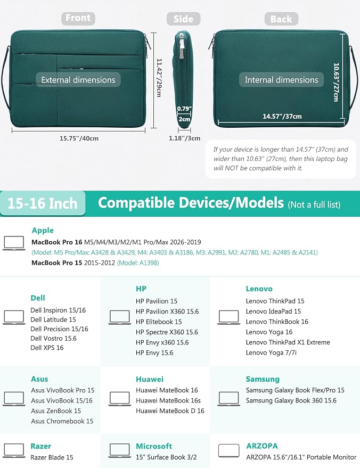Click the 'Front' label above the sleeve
point(78,18)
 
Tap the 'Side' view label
point(183,19)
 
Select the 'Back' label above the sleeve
point(281,19)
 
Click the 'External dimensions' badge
point(78,80)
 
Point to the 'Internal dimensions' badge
point(282,80)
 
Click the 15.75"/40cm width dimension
point(79,138)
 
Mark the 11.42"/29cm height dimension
point(159,78)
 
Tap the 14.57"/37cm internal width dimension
point(282,116)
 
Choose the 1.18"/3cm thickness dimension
point(184,138)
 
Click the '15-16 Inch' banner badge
point(43,203)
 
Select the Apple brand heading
point(43,230)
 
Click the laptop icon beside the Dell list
point(14,317)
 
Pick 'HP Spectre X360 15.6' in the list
point(167,332)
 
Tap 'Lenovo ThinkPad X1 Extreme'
point(288,342)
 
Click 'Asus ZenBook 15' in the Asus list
point(56,410)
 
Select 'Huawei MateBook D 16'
point(170,410)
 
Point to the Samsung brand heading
point(263,379)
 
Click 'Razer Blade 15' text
point(52,457)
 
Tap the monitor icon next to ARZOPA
point(228,450)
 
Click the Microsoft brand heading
point(154,446)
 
